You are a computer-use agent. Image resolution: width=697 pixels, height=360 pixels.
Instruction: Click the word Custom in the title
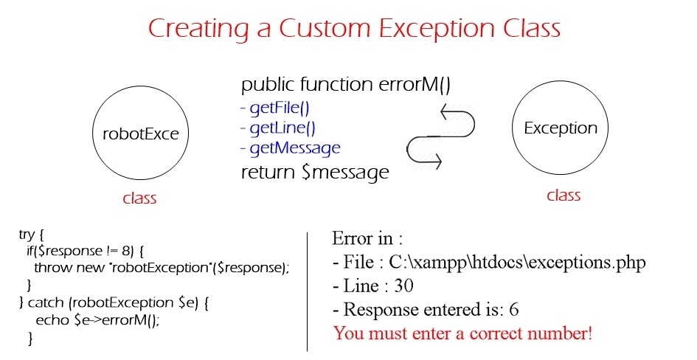tap(325, 28)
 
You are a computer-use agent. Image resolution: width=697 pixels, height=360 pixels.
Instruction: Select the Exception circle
tap(560, 81)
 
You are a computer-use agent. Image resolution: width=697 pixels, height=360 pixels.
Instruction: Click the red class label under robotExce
tap(139, 198)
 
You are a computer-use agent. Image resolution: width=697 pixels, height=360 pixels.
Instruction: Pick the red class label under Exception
tap(564, 195)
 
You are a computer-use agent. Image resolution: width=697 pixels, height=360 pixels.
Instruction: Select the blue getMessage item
tap(295, 148)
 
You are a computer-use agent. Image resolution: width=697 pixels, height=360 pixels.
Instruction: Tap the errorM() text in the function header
tap(415, 84)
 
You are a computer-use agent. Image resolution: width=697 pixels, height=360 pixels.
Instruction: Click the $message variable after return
tap(345, 173)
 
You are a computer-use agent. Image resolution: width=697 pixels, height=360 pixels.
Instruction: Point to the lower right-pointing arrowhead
tap(437, 161)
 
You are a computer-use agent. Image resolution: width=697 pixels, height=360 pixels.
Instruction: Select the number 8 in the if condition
tap(125, 251)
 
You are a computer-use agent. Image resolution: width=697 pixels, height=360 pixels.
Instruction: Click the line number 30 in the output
tap(403, 285)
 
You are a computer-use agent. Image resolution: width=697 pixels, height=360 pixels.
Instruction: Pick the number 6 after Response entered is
tap(513, 309)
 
